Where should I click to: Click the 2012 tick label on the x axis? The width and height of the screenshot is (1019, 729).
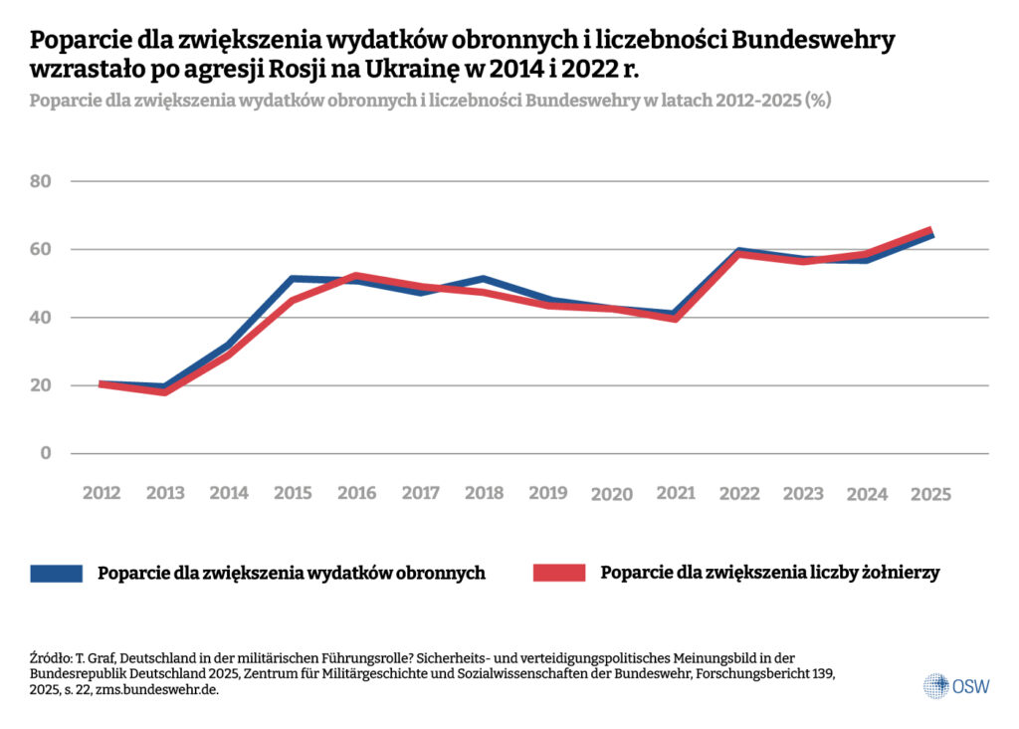[x=102, y=493]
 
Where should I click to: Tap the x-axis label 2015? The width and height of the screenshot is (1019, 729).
[x=294, y=493]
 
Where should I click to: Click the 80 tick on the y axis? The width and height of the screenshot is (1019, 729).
[x=41, y=181]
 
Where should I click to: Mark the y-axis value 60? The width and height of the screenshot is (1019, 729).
[x=41, y=249]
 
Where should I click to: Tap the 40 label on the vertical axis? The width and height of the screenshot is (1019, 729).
[x=41, y=318]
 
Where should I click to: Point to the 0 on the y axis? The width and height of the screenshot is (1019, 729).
[x=45, y=454]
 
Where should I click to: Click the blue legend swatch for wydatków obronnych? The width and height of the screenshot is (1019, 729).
[x=56, y=573]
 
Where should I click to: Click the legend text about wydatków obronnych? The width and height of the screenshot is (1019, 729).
[x=291, y=573]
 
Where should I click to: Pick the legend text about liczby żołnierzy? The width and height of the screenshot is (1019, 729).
[x=769, y=573]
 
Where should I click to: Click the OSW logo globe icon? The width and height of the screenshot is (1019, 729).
[x=935, y=685]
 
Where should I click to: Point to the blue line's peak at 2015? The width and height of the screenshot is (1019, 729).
[x=294, y=279]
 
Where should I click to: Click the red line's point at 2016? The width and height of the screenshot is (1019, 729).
[x=357, y=276]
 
